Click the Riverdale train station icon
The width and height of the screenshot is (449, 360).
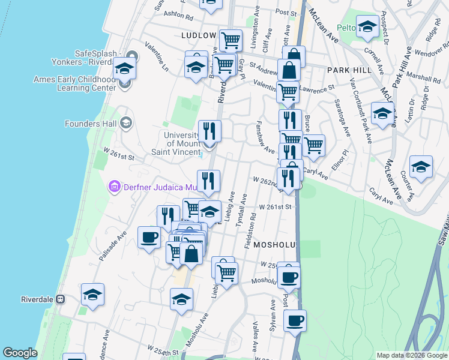(x=60, y=299)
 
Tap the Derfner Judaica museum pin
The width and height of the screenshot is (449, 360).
(x=114, y=187)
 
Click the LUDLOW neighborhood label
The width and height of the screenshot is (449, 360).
(x=199, y=35)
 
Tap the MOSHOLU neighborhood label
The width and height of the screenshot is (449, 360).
(x=276, y=245)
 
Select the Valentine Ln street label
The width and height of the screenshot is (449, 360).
(x=157, y=58)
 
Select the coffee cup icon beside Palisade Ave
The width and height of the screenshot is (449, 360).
(x=149, y=236)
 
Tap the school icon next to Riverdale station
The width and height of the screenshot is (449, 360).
(x=92, y=294)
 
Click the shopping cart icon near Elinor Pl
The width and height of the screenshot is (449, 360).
(x=313, y=144)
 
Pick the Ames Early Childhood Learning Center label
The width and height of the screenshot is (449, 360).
(x=83, y=83)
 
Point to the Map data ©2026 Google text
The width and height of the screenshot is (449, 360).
(x=411, y=355)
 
